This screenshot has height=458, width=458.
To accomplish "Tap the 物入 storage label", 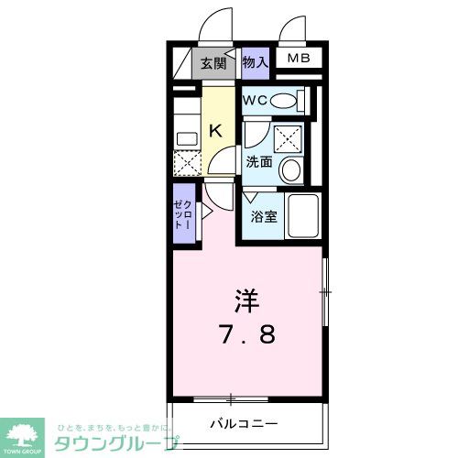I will [x=256, y=62].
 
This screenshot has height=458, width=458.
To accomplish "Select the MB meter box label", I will [x=300, y=60].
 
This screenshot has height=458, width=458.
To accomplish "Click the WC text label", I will [x=255, y=100].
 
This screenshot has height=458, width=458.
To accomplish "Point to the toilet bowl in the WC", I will [x=286, y=100].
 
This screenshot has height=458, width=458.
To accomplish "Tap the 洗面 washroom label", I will [x=258, y=162].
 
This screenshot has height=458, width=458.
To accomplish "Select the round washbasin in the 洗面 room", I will [x=292, y=169].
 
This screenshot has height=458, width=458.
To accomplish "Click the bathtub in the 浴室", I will [x=301, y=216].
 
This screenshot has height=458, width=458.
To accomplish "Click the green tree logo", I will [x=25, y=434].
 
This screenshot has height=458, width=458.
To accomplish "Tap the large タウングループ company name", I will [x=117, y=443].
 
